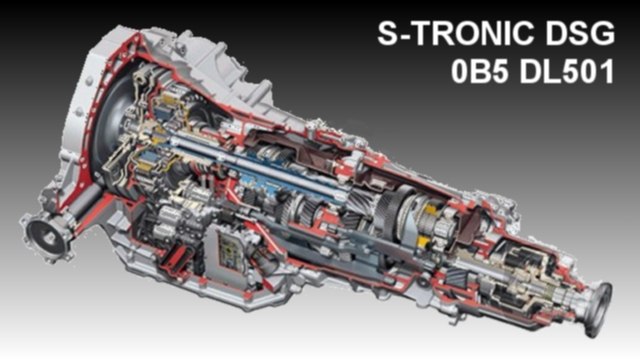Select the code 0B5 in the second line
pos(480,71)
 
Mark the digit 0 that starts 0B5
pos(459,71)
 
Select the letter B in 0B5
pos(480,71)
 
